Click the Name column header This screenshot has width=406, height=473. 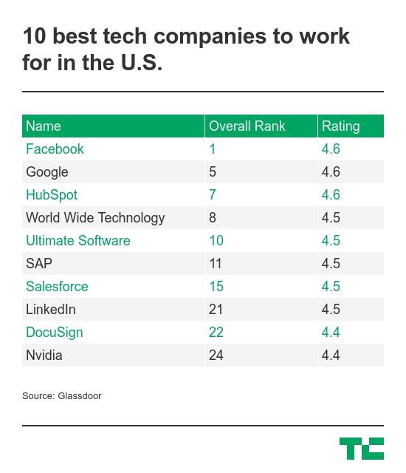tap(44, 126)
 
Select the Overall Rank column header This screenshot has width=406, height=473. tap(247, 126)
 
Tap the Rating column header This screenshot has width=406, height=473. tap(340, 126)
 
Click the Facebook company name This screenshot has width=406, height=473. tap(55, 149)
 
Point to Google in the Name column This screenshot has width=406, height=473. tap(47, 172)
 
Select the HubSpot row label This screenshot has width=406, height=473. tap(52, 195)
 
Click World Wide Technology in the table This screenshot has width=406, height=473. tap(95, 218)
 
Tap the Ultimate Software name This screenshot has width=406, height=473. tap(78, 241)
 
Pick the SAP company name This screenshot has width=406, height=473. tap(39, 264)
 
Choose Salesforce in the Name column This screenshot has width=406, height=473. tap(57, 287)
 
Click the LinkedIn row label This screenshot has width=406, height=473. tap(51, 310)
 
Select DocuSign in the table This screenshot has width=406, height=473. tap(54, 333)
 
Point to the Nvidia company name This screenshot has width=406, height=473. tap(44, 355)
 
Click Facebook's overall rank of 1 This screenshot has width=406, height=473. tap(213, 149)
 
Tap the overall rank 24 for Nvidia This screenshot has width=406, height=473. tap(216, 355)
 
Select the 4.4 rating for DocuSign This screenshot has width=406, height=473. tap(331, 333)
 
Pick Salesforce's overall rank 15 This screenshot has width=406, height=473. tap(216, 287)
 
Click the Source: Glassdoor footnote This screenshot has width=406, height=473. tap(62, 396)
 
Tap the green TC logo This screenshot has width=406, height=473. tap(362, 449)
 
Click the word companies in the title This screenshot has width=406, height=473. tap(210, 37)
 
